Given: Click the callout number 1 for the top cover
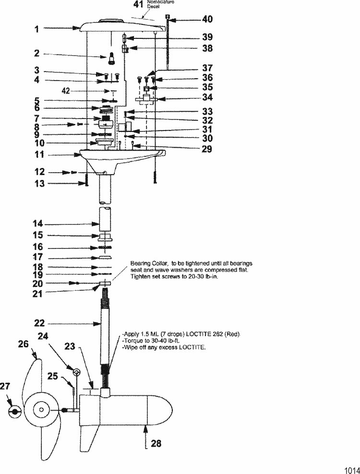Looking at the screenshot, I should tap(36, 29).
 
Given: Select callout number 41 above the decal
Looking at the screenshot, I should tap(138, 7).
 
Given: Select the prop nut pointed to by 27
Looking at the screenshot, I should tap(15, 411).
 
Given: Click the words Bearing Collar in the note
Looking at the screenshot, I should tap(146, 264).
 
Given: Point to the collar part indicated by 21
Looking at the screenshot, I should tap(105, 284).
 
